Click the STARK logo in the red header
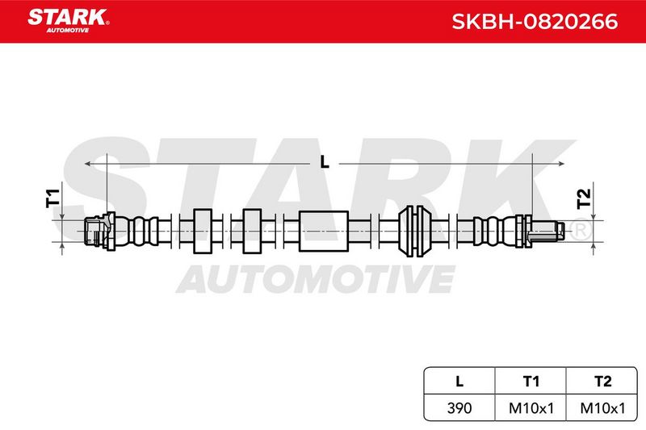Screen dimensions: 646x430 [69, 21]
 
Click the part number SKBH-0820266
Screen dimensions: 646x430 [535, 22]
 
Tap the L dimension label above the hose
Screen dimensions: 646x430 [325, 162]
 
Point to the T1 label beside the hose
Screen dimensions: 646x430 [52, 198]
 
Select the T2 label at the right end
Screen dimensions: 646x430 [584, 198]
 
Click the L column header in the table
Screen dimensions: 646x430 [459, 381]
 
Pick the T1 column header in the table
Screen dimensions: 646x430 [531, 381]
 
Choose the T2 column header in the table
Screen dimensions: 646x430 [602, 381]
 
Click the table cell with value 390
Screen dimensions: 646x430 [459, 408]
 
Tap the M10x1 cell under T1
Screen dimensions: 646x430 [531, 408]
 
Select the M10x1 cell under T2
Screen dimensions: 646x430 [602, 408]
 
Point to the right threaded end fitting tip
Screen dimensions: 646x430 [560, 231]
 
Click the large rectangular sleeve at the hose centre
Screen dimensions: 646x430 [324, 232]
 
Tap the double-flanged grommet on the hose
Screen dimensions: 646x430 [415, 232]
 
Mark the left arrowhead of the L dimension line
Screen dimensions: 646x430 [86, 164]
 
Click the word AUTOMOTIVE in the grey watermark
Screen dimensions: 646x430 [316, 279]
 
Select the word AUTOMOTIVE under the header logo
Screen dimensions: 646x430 [68, 31]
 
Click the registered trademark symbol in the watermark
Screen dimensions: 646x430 [581, 230]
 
